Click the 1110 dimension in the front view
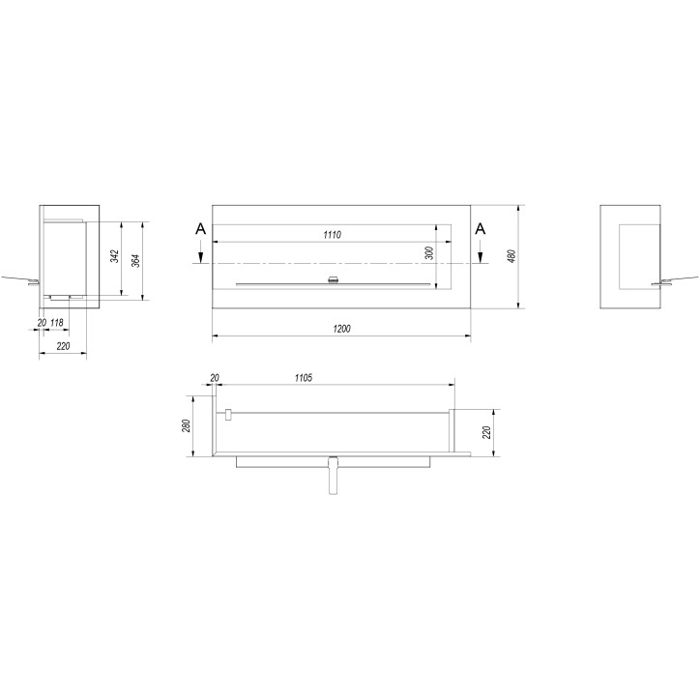tap(334, 235)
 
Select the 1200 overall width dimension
tap(340, 329)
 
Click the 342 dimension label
tap(114, 256)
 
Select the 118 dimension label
tap(57, 322)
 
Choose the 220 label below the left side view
tap(63, 345)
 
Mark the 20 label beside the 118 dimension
tap(41, 322)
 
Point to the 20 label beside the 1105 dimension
tap(213, 377)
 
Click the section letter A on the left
tap(199, 228)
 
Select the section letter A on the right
tap(481, 228)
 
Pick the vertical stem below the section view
tap(333, 477)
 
